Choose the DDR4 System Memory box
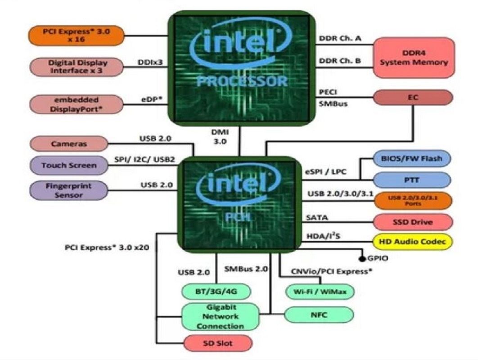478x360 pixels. tap(414, 58)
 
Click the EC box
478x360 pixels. tap(413, 97)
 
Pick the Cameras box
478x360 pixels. tap(69, 144)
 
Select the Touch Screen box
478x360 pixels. tap(69, 165)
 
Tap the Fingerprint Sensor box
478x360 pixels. tap(69, 190)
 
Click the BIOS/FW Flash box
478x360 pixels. tap(412, 158)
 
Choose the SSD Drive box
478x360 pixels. tap(412, 222)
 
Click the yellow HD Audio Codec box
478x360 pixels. tap(413, 242)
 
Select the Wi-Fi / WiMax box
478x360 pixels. tap(320, 291)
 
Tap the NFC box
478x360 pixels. tap(319, 315)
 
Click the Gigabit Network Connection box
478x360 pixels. tap(221, 316)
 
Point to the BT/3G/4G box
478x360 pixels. tap(216, 291)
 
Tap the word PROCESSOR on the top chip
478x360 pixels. tap(241, 81)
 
